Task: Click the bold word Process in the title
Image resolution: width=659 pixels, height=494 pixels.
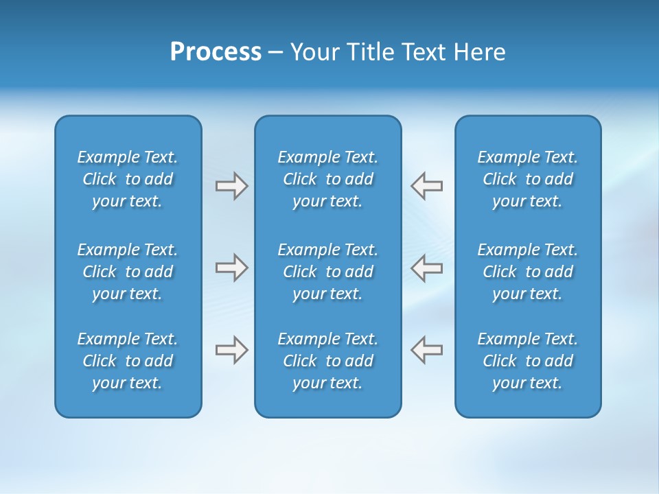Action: [216, 52]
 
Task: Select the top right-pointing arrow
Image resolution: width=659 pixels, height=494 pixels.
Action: [231, 186]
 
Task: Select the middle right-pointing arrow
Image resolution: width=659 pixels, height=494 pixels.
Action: [231, 268]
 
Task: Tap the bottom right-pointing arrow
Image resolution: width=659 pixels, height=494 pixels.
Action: [231, 350]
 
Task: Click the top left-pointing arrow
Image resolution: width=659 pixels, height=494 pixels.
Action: [426, 186]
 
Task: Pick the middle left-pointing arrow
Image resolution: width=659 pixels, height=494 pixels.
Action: [426, 268]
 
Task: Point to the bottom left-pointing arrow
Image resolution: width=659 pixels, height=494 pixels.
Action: [426, 350]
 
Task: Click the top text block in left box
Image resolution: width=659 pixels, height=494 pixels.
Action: [128, 179]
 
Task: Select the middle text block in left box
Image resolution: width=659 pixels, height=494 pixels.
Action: [128, 272]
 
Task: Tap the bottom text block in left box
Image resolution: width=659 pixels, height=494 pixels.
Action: [128, 361]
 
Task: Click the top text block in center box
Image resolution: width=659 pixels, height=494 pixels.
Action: [327, 179]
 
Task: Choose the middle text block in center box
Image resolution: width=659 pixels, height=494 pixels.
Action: [327, 272]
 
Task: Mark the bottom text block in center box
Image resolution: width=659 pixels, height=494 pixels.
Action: [327, 361]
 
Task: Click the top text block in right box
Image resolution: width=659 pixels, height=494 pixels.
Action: [528, 179]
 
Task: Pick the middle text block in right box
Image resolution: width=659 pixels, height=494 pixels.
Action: [528, 272]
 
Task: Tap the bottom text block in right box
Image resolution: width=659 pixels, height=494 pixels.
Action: [528, 361]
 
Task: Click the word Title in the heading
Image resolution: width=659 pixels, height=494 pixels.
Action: [369, 52]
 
